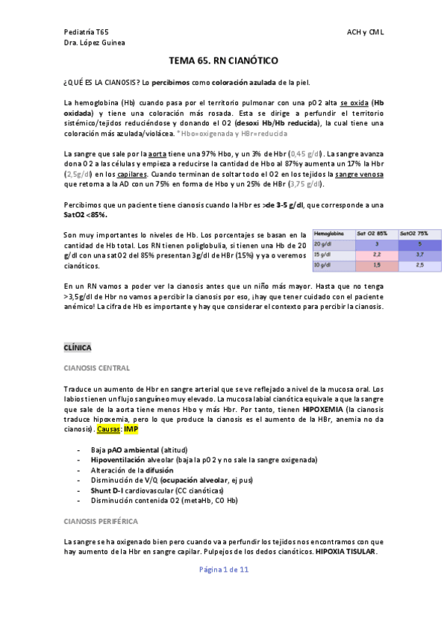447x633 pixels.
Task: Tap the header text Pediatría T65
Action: [86, 33]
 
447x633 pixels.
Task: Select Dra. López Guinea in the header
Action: [95, 43]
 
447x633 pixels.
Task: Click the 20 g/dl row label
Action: [322, 244]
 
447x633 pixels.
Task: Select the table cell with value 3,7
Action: [419, 255]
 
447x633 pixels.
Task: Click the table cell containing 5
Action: [419, 244]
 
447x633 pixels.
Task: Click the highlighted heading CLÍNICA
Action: [78, 348]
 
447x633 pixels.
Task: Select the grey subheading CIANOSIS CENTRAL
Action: [97, 368]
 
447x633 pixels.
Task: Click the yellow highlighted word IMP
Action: [131, 430]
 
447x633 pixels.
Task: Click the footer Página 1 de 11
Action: [223, 570]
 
